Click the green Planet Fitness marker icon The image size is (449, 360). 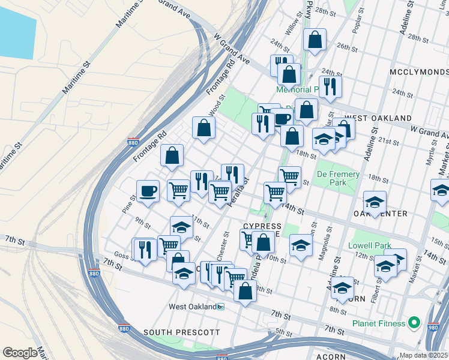pyautogui.click(x=414, y=323)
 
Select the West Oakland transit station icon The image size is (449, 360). pyautogui.click(x=221, y=307)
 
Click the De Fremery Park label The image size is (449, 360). pyautogui.click(x=338, y=179)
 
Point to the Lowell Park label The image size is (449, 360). pyautogui.click(x=369, y=245)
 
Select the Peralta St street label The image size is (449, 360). pyautogui.click(x=238, y=193)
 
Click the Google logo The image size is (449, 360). pyautogui.click(x=20, y=353)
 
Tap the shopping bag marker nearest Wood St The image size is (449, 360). pyautogui.click(x=203, y=127)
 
